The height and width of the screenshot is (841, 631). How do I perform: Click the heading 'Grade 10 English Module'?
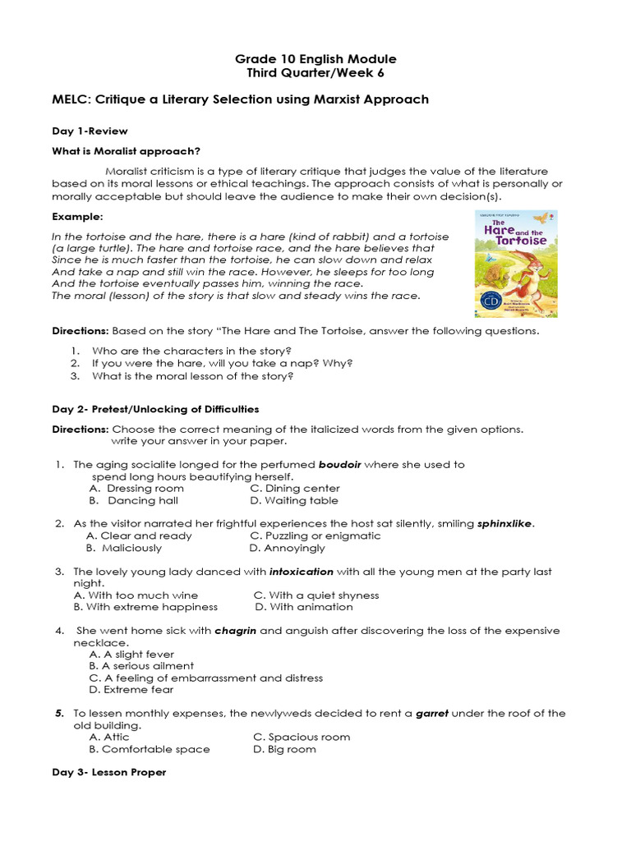pos(315,59)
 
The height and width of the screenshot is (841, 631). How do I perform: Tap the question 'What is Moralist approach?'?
pos(126,150)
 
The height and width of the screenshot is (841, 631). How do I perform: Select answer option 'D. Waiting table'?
pos(293,500)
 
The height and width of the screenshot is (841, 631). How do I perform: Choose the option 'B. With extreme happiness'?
pos(145,607)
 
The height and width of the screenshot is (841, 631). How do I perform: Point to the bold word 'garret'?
pos(431,714)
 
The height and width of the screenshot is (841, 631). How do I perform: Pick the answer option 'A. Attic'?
pos(109,738)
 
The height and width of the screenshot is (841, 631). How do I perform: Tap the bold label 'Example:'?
pos(77,217)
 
